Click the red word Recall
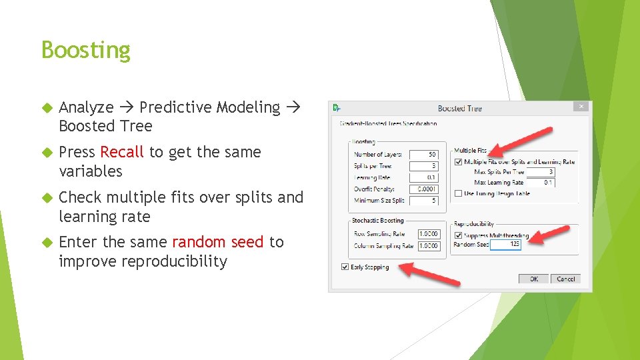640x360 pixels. tap(122, 152)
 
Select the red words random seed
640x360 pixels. tap(218, 242)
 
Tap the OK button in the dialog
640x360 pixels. tap(534, 279)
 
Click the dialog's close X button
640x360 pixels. tap(581, 107)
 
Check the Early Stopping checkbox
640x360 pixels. tap(345, 267)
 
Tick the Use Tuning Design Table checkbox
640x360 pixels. tap(457, 193)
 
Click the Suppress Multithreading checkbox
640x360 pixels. tap(457, 235)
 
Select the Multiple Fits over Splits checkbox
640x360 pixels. tap(457, 161)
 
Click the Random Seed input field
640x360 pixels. tap(505, 245)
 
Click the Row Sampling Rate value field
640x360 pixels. tap(429, 234)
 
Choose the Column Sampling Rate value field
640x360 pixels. tap(429, 246)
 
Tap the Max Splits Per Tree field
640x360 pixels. tap(540, 172)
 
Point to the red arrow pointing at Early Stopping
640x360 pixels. tap(433, 274)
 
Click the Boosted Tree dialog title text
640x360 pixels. tap(459, 108)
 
